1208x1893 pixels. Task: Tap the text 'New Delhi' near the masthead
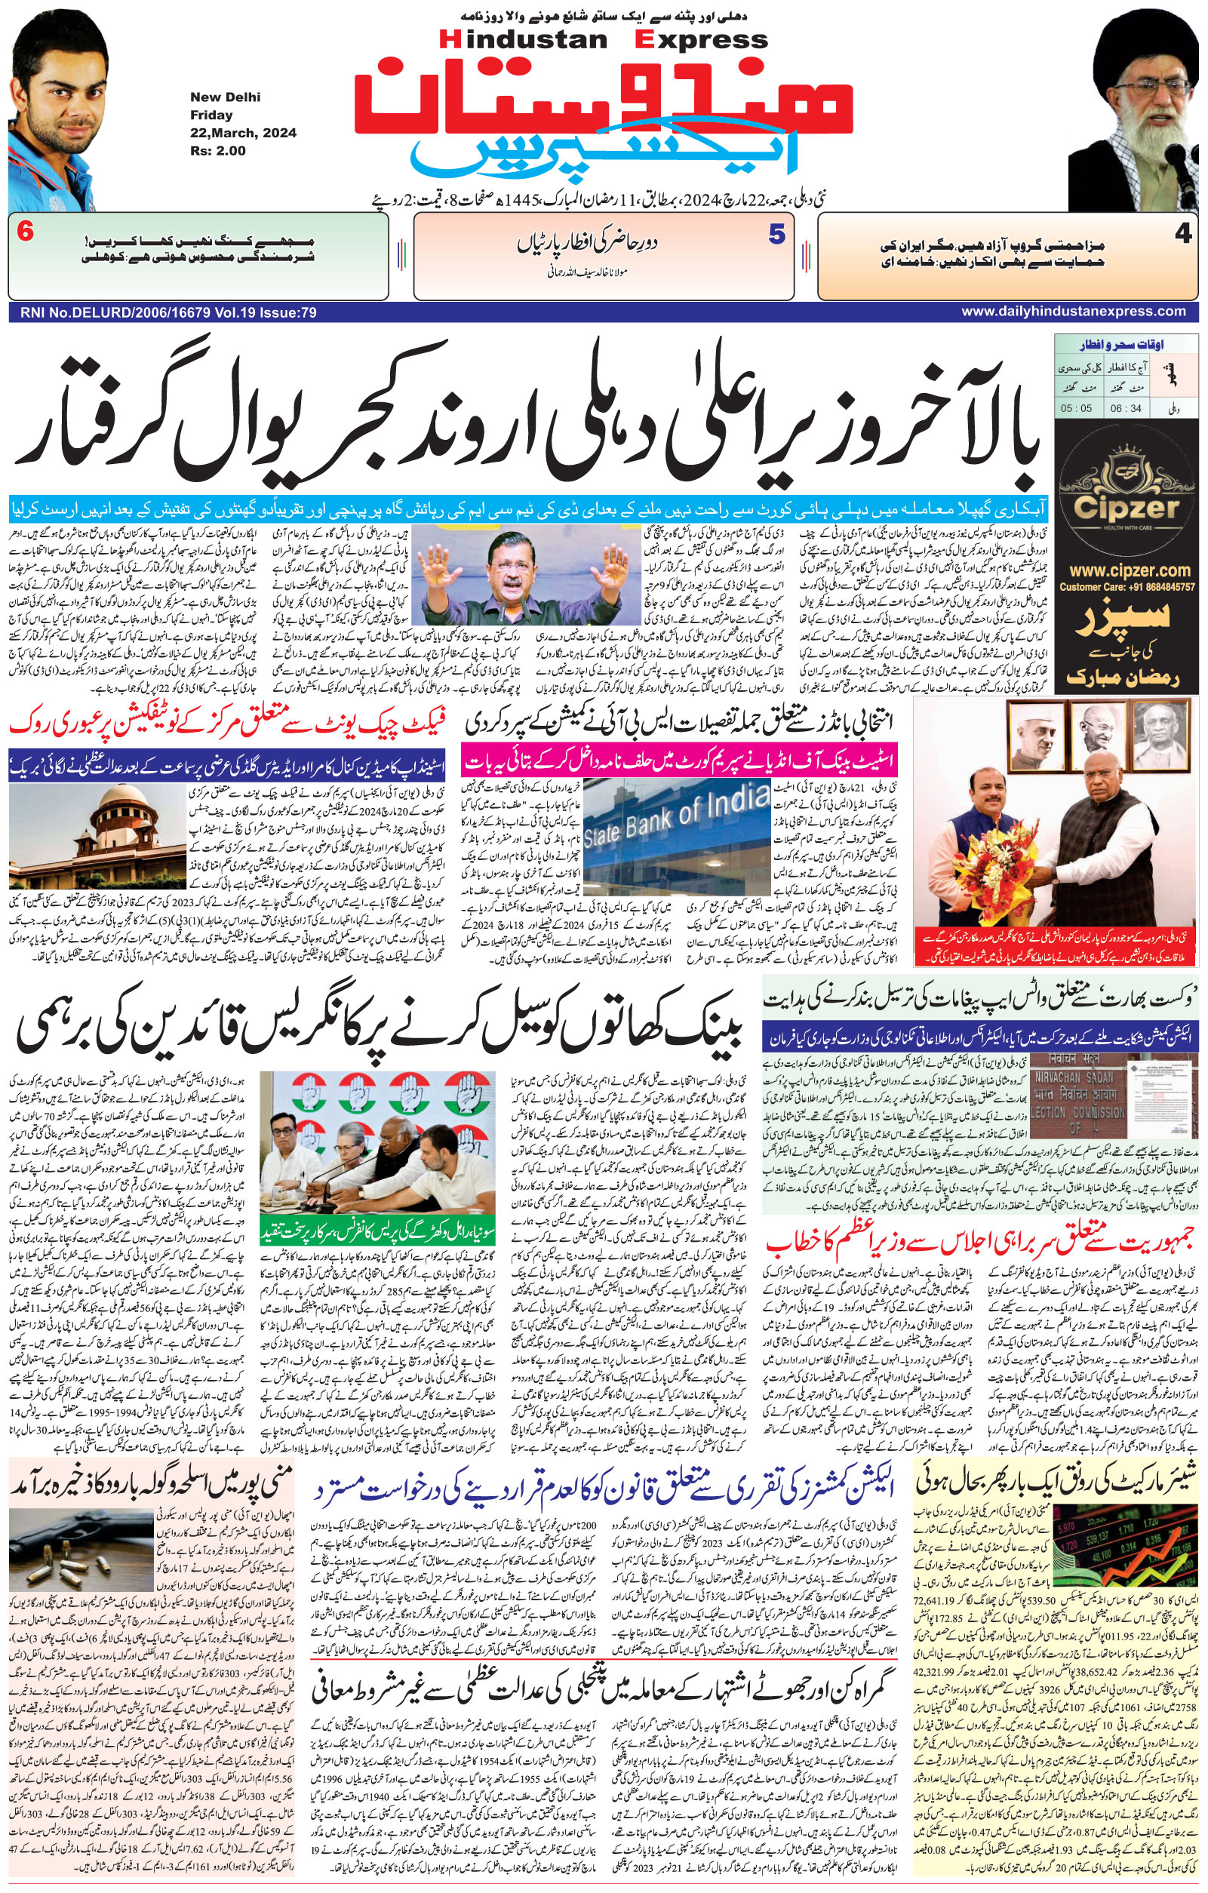(225, 97)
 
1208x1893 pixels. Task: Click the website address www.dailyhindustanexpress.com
(1073, 312)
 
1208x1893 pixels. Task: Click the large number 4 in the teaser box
(1183, 234)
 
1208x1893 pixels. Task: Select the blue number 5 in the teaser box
(776, 234)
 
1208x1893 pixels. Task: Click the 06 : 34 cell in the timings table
(1126, 408)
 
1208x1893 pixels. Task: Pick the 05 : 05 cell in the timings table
(1076, 408)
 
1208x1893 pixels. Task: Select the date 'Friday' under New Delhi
(211, 115)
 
